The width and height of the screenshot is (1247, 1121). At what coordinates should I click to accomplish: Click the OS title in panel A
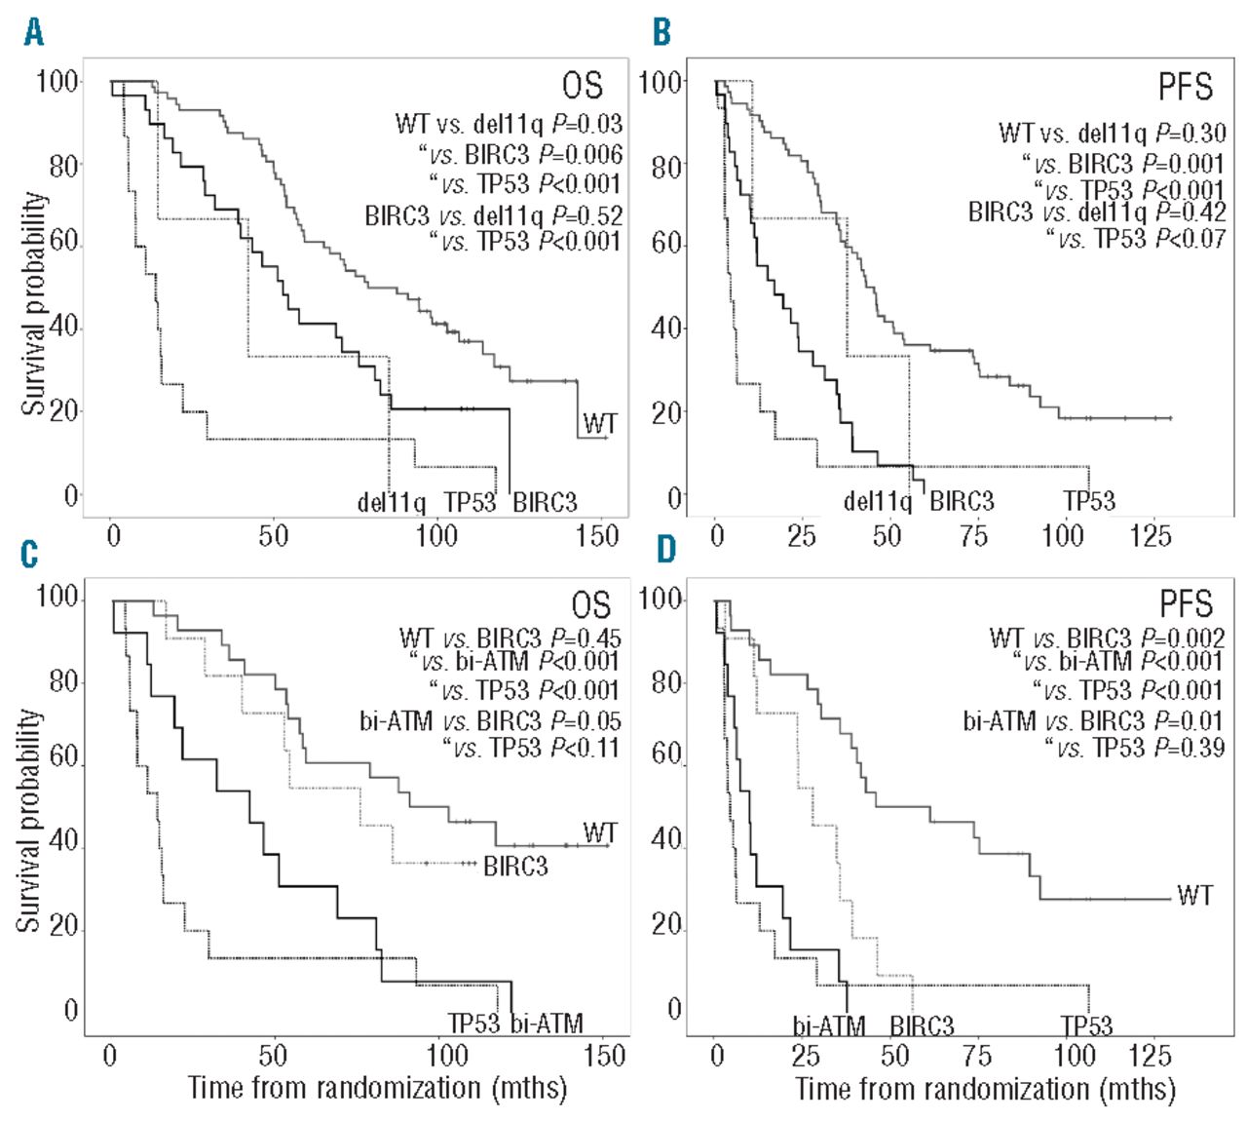pos(583,87)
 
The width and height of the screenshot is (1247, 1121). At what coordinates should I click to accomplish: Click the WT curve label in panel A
pos(600,423)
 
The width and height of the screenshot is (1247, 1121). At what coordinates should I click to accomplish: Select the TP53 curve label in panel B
pos(1089,501)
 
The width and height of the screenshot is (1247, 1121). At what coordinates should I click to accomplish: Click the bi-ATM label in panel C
pos(547,1023)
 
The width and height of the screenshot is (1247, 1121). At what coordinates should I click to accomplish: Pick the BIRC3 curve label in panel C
pos(515,866)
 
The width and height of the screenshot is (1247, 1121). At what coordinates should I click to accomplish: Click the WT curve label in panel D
pos(1193,894)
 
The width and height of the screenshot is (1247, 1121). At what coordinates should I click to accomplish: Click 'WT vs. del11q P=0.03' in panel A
pos(509,125)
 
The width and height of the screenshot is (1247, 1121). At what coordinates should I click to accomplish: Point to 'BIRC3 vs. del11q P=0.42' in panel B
pos(1097,212)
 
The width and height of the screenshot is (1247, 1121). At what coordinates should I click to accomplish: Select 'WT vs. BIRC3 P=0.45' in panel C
pos(510,639)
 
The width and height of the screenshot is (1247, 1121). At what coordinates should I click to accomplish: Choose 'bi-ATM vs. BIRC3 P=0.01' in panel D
pos(1094,721)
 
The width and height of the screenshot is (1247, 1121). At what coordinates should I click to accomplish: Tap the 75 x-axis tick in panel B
pos(973,535)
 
